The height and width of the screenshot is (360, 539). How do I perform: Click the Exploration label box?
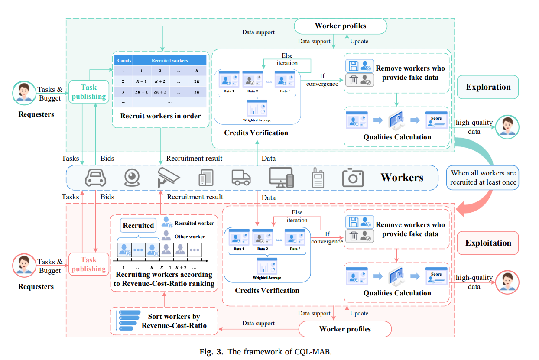coord(488,87)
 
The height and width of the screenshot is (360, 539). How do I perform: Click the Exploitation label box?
coord(488,243)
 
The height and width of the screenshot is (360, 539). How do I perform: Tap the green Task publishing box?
coord(88,92)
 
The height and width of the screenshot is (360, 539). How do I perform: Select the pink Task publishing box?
coord(88,264)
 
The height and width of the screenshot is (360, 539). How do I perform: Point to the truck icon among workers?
coord(241,178)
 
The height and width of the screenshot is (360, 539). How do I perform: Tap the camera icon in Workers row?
coord(352,178)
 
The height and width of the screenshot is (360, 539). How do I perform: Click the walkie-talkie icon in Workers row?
coord(318,178)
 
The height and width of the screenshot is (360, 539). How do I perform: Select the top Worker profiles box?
coord(340,26)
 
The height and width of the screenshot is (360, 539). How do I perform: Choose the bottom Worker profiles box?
coord(345,329)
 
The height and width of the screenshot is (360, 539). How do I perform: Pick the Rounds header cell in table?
coord(123,60)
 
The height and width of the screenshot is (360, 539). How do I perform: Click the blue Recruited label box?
coord(138,225)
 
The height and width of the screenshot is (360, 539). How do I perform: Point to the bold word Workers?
coord(402,178)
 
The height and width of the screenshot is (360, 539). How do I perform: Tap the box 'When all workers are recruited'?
coord(483,178)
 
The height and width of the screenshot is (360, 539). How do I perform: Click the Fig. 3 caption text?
coord(269,351)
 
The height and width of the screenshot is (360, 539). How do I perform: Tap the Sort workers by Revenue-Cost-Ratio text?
coord(174,321)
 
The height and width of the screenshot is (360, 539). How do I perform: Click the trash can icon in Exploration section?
coord(354,80)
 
